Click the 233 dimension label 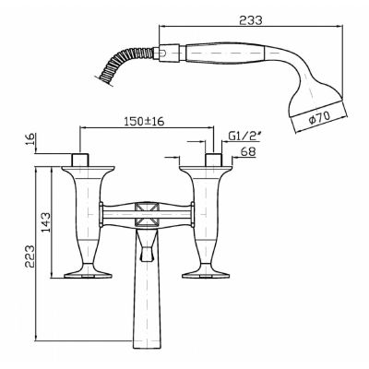(251, 20)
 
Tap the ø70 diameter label (319, 117)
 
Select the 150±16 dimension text (144, 121)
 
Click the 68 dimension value (248, 151)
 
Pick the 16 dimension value (31, 140)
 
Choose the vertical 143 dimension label (45, 222)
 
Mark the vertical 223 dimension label (30, 256)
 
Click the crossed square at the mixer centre (148, 214)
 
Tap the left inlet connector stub (80, 160)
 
